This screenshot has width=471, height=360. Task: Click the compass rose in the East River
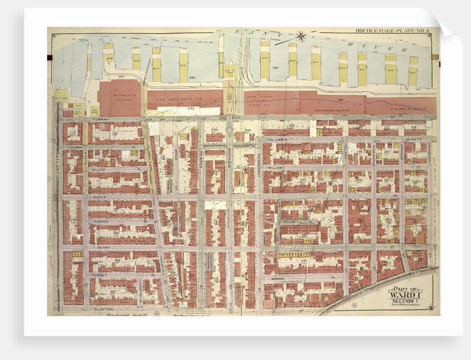(301, 38)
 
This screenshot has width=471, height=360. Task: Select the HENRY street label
(104, 248)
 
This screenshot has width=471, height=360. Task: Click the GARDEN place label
(100, 222)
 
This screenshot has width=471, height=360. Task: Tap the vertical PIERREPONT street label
(259, 165)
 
